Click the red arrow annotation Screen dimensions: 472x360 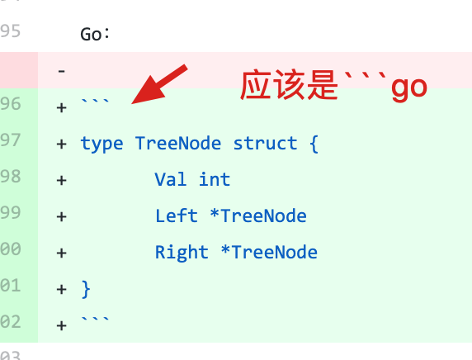click(x=159, y=84)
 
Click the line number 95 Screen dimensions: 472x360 click(x=10, y=31)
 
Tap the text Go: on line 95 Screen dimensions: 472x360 click(x=95, y=34)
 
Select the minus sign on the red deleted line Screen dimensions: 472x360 click(x=61, y=71)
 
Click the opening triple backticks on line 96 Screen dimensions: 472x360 click(x=95, y=102)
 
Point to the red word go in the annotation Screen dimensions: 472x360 click(x=409, y=88)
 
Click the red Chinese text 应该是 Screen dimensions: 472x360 click(x=289, y=85)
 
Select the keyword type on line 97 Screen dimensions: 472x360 click(x=102, y=144)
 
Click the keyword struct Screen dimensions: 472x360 click(x=265, y=143)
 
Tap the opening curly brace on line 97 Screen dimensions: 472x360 click(x=314, y=144)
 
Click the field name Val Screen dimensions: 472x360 click(x=170, y=179)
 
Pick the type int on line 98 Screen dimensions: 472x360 click(x=215, y=179)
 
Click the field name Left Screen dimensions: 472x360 click(x=177, y=216)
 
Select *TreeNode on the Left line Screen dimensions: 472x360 click(x=258, y=216)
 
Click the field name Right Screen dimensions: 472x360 click(x=182, y=253)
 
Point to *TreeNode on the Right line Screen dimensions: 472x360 click(x=269, y=252)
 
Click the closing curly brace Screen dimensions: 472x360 click(x=86, y=289)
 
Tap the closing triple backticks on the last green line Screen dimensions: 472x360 click(x=95, y=320)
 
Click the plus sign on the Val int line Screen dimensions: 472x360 click(x=61, y=181)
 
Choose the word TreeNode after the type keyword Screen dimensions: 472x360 click(x=178, y=143)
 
